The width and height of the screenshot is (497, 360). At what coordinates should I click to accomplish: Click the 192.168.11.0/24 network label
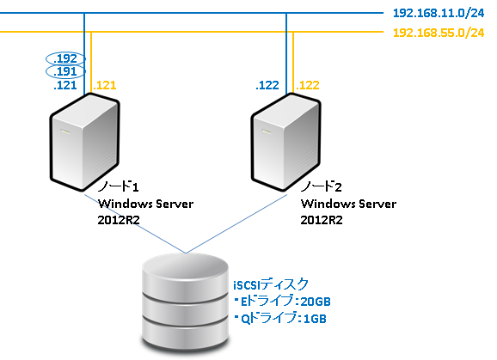(x=438, y=15)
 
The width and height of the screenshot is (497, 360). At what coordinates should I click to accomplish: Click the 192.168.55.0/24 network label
(x=438, y=34)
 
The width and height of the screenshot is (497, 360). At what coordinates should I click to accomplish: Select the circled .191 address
(x=65, y=73)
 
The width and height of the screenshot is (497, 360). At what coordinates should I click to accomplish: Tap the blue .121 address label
(x=65, y=87)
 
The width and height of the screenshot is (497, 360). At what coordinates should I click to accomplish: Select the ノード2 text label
(x=322, y=187)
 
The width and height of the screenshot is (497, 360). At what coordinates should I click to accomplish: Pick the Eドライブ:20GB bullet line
(x=281, y=301)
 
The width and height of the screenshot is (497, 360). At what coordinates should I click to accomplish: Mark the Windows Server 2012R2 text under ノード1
(x=145, y=211)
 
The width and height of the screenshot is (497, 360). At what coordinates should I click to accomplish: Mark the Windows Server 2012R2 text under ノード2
(x=349, y=211)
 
